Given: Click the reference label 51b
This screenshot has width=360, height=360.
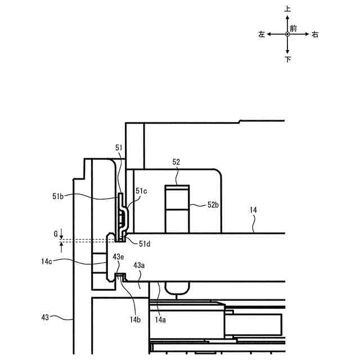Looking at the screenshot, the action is click(x=58, y=196).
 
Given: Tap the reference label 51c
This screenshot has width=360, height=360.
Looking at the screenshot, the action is click(x=141, y=191).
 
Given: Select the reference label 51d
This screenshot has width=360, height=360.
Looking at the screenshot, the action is click(x=145, y=244).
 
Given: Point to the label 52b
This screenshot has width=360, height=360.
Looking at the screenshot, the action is click(x=213, y=205).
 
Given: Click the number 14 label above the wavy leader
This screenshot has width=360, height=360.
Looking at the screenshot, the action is click(x=253, y=210).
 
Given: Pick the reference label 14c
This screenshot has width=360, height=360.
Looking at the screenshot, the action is click(x=47, y=262).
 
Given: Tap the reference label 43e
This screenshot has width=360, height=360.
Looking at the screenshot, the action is click(x=118, y=257).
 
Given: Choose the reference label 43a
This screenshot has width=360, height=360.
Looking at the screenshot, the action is click(x=139, y=265).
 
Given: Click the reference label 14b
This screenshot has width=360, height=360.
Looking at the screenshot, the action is click(x=135, y=319).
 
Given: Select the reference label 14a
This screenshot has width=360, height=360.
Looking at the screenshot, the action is click(x=160, y=319).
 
